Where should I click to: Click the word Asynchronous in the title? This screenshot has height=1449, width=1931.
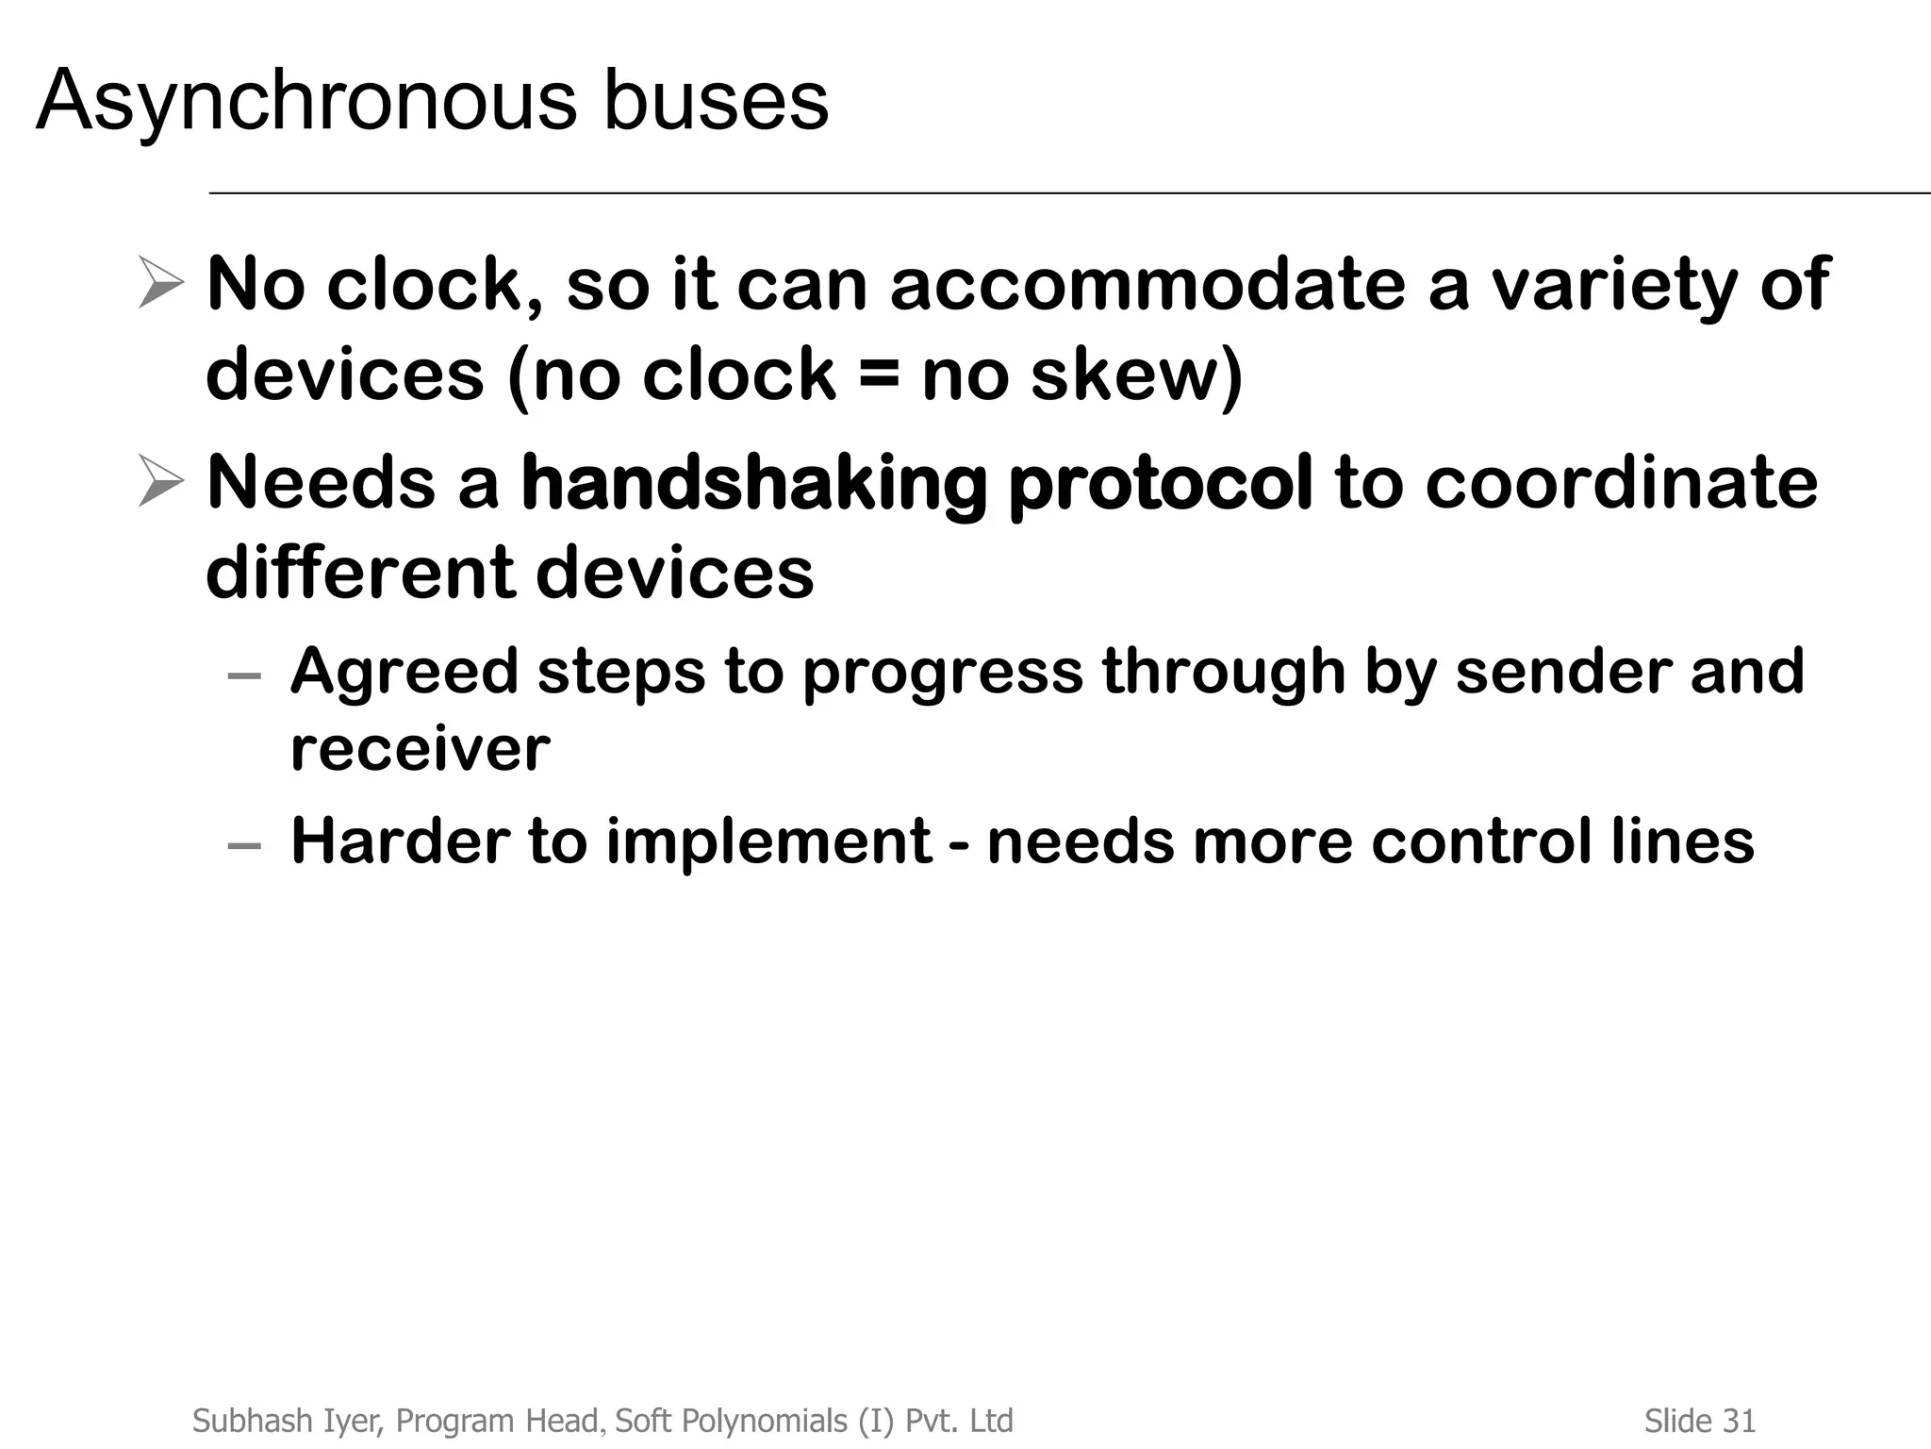[x=305, y=102]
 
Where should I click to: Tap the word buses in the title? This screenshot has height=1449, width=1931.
[x=716, y=100]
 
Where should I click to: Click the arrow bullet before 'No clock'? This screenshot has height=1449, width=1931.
[x=160, y=282]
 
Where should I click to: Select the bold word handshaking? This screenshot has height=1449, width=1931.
[x=753, y=484]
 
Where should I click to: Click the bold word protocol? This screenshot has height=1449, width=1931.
[x=1160, y=484]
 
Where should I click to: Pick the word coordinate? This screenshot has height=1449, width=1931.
[x=1621, y=482]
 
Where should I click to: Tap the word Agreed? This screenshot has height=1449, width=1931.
[x=404, y=673]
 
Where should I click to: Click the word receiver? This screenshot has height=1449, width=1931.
[x=420, y=749]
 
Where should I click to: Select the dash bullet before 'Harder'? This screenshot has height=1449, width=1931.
[x=244, y=844]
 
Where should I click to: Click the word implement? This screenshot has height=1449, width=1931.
[x=768, y=841]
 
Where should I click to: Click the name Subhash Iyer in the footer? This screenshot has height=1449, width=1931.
[x=288, y=1420]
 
